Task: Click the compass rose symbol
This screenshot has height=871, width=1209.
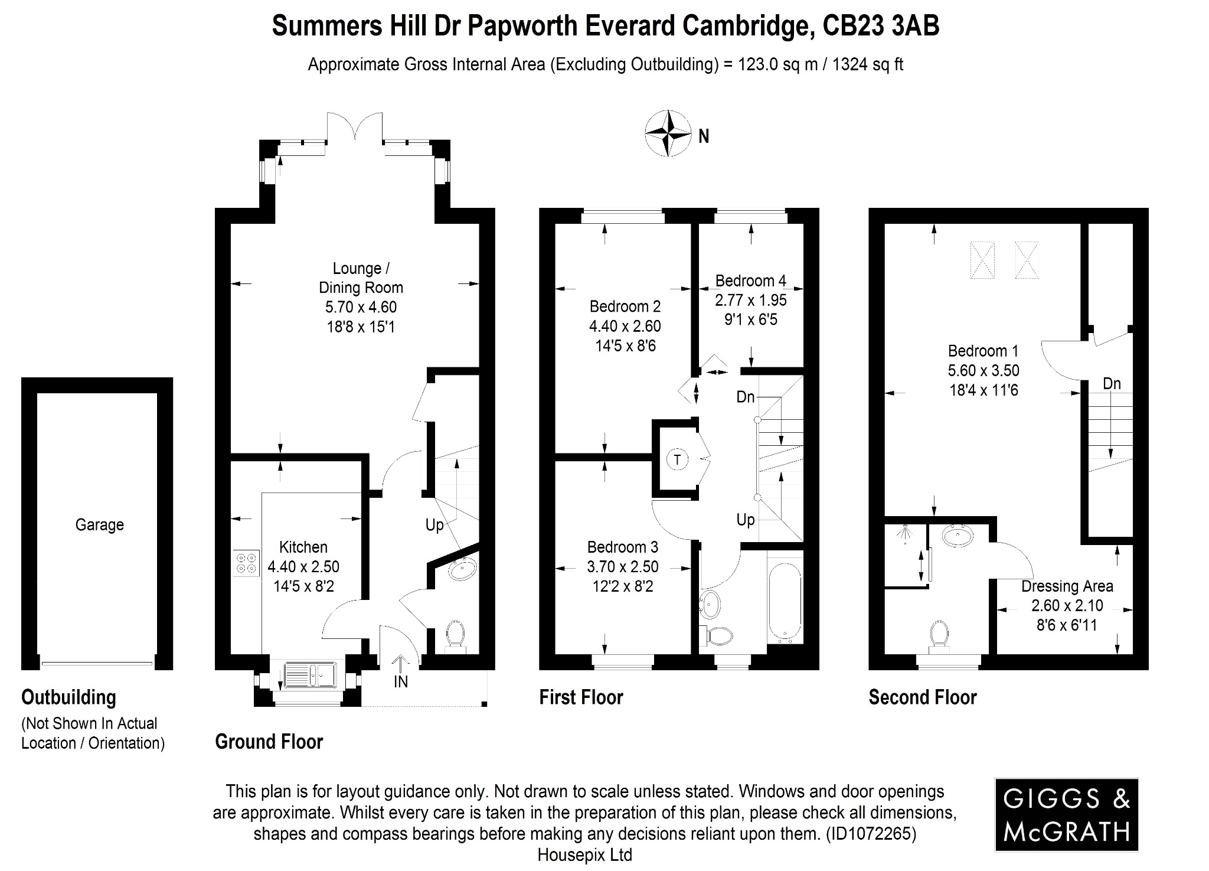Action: tap(668, 133)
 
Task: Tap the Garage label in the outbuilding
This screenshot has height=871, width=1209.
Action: tap(99, 524)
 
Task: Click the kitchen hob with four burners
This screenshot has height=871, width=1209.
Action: tap(246, 563)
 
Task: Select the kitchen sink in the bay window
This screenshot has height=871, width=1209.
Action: tap(309, 674)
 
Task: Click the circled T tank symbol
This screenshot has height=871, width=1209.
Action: tap(677, 459)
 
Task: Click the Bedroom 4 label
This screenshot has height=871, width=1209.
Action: tap(750, 280)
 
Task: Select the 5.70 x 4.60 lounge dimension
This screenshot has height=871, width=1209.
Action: tap(361, 307)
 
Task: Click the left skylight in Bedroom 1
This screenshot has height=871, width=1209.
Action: tap(982, 260)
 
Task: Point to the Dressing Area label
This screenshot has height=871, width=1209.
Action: tap(1067, 586)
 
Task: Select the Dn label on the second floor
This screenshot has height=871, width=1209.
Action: tap(1112, 384)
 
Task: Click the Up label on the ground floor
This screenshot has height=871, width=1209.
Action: tap(434, 525)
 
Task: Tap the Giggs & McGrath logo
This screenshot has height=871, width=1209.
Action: tap(1066, 815)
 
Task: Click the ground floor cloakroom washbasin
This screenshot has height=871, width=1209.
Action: tap(463, 569)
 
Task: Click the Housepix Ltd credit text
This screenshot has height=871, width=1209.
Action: tap(584, 854)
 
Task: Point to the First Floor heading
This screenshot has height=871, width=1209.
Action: tap(581, 697)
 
